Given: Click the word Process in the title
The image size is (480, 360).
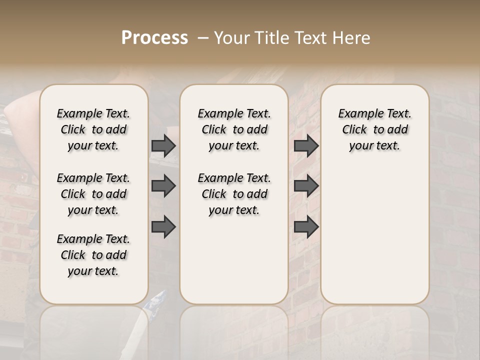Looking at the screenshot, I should pyautogui.click(x=154, y=38).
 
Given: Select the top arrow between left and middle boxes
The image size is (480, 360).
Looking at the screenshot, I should pyautogui.click(x=163, y=145).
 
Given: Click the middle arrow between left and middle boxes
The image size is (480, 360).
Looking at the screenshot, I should pyautogui.click(x=163, y=186).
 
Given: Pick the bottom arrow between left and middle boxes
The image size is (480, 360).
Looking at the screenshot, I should pyautogui.click(x=163, y=226).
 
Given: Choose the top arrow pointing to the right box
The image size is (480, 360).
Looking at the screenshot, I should pyautogui.click(x=306, y=145).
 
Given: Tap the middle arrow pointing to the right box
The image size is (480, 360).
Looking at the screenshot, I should pyautogui.click(x=306, y=186).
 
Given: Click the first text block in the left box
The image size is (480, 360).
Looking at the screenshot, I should pyautogui.click(x=93, y=129).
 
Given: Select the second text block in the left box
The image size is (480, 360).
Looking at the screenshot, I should pyautogui.click(x=93, y=194).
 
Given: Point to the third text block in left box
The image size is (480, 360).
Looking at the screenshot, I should pyautogui.click(x=93, y=255).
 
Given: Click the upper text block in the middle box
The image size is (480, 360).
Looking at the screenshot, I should pyautogui.click(x=234, y=129).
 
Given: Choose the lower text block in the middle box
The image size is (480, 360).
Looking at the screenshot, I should pyautogui.click(x=234, y=194).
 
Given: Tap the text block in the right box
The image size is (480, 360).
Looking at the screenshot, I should pyautogui.click(x=374, y=129).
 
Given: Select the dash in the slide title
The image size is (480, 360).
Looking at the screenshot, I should pyautogui.click(x=203, y=38).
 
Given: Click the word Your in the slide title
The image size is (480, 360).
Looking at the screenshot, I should pyautogui.click(x=232, y=38).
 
